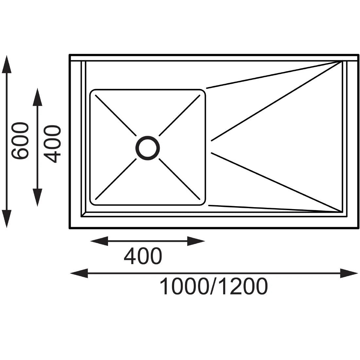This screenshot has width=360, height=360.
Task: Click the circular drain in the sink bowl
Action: tap(148, 137)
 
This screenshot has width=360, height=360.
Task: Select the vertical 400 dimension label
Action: tap(52, 144)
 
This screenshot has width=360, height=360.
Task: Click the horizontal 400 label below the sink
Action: tap(143, 256)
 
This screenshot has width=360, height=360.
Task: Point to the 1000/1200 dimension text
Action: tap(213, 286)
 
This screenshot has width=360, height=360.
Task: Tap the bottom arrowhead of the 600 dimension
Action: tap(7, 219)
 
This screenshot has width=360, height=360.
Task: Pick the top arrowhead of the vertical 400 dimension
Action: tap(37, 97)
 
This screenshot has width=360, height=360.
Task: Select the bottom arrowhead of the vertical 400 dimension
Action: tap(37, 197)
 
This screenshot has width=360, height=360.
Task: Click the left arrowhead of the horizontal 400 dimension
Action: tap(99, 241)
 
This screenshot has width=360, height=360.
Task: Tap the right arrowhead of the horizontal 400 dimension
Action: tap(196, 241)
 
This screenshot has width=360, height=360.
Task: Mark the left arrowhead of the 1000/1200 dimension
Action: tap(79, 273)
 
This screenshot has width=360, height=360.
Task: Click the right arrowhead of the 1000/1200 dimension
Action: tap(349, 273)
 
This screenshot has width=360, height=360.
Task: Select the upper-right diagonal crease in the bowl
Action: tap(180, 115)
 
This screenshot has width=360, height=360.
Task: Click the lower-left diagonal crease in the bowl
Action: tap(116, 179)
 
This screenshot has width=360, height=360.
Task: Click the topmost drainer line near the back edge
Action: tap(274, 75)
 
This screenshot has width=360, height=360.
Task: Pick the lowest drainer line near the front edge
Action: tap(275, 208)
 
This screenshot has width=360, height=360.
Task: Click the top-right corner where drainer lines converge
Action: tap(341, 62)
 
